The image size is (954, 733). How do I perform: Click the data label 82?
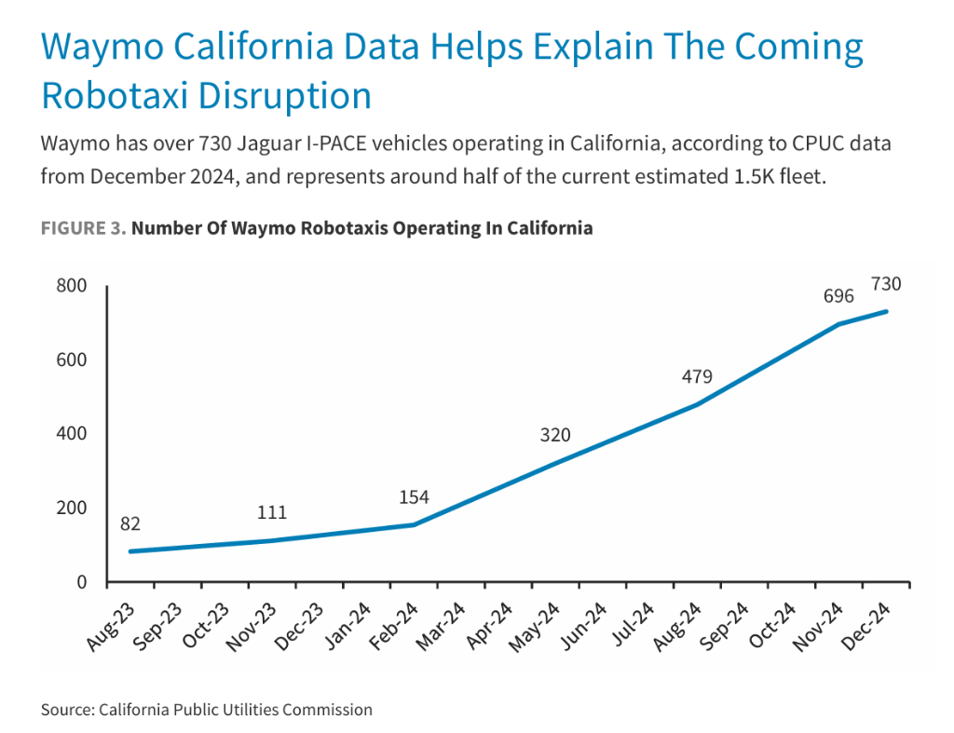[130, 524]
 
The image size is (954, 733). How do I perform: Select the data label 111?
[272, 513]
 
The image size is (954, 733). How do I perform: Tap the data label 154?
[414, 497]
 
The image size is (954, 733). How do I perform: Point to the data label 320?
[555, 435]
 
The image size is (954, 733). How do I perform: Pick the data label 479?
[697, 376]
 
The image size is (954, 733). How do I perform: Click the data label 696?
[838, 296]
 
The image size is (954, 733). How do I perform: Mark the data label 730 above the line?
[886, 284]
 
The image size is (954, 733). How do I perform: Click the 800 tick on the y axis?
[72, 285]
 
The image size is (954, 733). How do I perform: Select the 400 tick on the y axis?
[72, 434]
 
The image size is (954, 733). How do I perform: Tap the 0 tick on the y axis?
[81, 583]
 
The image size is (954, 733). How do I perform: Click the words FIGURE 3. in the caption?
[83, 228]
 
